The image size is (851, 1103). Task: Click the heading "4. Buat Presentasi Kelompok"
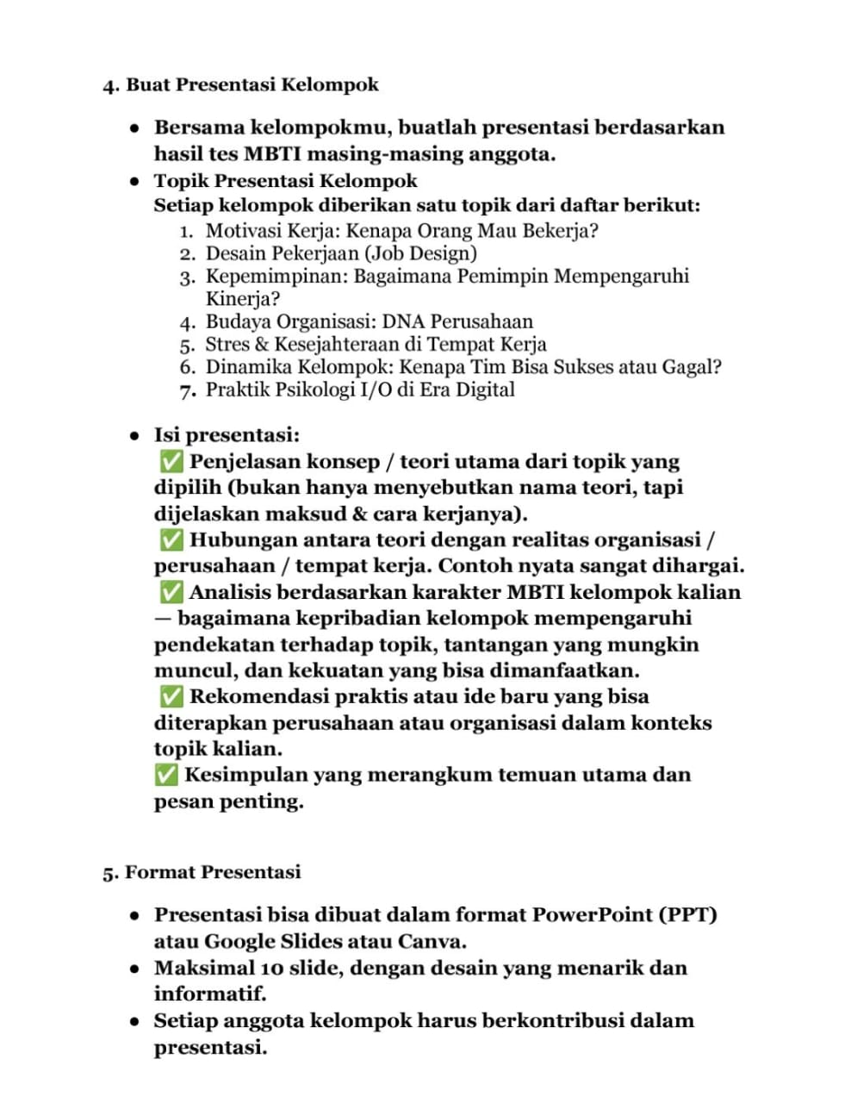point(240,85)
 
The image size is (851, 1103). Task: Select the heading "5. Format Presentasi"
point(202,872)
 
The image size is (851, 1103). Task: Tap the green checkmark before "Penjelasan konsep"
point(171,462)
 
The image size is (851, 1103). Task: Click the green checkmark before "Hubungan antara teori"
point(171,540)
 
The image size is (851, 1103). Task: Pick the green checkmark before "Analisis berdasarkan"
point(171,593)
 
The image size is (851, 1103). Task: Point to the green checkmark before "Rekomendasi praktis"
point(171,696)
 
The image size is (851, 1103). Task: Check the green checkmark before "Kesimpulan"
point(166,775)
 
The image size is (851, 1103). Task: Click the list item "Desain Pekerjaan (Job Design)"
point(340,253)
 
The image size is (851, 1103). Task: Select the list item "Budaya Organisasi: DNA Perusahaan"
point(369,321)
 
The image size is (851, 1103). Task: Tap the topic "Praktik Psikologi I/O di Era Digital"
point(359,389)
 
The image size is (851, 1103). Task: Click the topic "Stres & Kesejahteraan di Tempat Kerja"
point(376,345)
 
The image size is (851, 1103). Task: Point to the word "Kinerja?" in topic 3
point(243,299)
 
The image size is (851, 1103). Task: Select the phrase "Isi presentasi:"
point(227,435)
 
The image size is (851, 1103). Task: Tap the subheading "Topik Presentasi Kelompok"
point(285,181)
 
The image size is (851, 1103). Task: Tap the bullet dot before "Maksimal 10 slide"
point(134,969)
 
